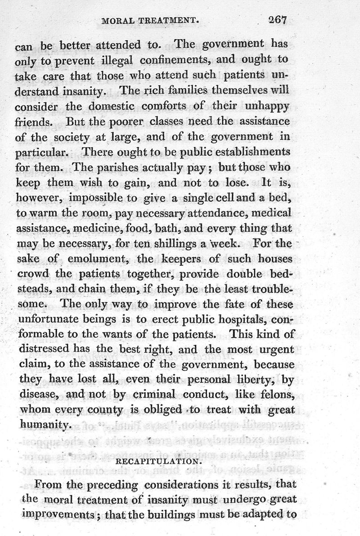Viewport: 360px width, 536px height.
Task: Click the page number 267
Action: (x=278, y=20)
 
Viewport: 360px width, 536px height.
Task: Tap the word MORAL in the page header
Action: (x=118, y=21)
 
